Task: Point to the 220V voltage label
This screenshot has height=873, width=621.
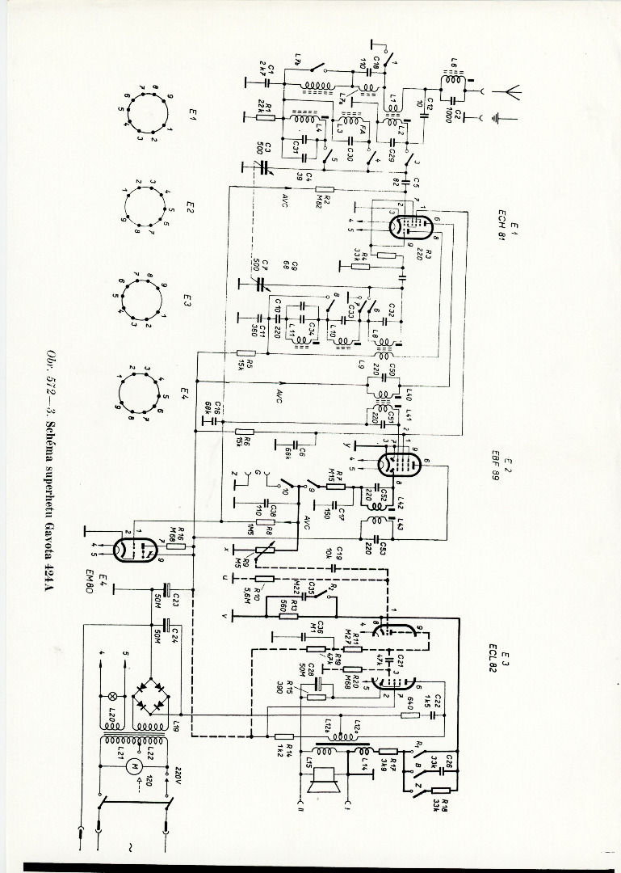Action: coord(177,775)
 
